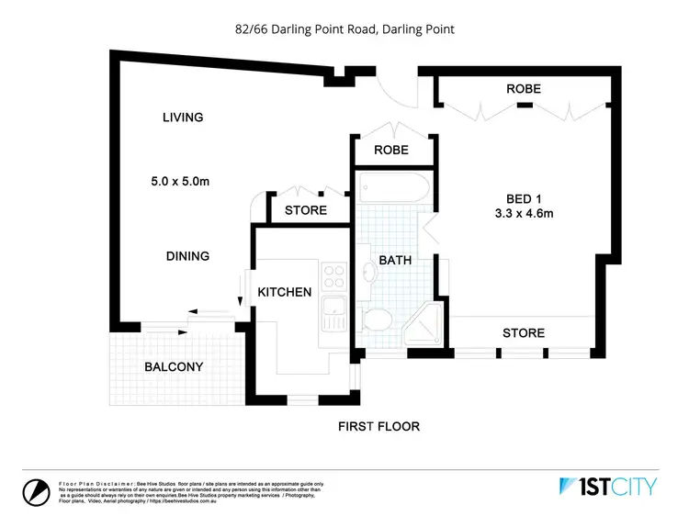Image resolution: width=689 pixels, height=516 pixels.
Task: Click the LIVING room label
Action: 182,118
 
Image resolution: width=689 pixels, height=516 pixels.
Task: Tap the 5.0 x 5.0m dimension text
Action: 182,182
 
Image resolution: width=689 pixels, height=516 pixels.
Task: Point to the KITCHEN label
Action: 285,292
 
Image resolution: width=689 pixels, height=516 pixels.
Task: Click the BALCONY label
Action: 174,367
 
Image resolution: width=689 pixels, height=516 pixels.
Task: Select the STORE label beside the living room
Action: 305,210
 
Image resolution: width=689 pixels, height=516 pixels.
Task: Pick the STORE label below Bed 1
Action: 523,332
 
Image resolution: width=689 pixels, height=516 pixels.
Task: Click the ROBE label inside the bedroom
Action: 523,89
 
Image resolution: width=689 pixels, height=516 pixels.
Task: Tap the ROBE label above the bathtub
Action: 391,151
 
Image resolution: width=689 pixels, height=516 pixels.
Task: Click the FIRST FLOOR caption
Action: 378,426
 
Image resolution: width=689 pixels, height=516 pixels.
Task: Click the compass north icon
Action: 36,491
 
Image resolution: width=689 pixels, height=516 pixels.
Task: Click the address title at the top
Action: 344,29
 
